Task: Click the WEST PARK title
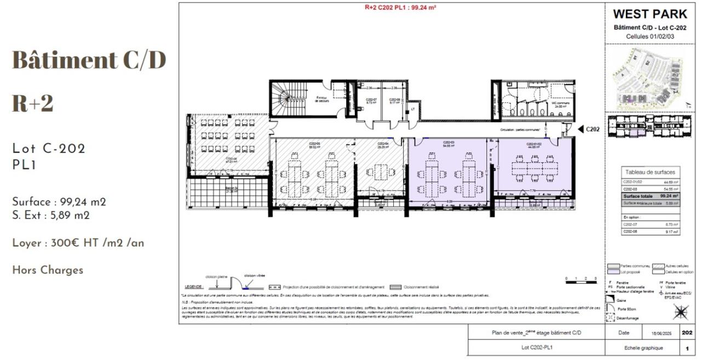click(x=650, y=14)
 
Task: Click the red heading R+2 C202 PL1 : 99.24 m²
click(x=400, y=8)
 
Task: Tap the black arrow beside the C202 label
click(x=580, y=130)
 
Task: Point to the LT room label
click(x=412, y=108)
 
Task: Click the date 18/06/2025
click(x=660, y=333)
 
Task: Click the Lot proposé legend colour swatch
click(x=613, y=272)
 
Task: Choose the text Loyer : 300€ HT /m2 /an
click(x=78, y=243)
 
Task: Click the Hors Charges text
click(x=48, y=270)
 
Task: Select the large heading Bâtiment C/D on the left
click(x=89, y=60)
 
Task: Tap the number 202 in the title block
click(x=687, y=333)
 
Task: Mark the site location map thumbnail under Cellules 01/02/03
click(x=650, y=77)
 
